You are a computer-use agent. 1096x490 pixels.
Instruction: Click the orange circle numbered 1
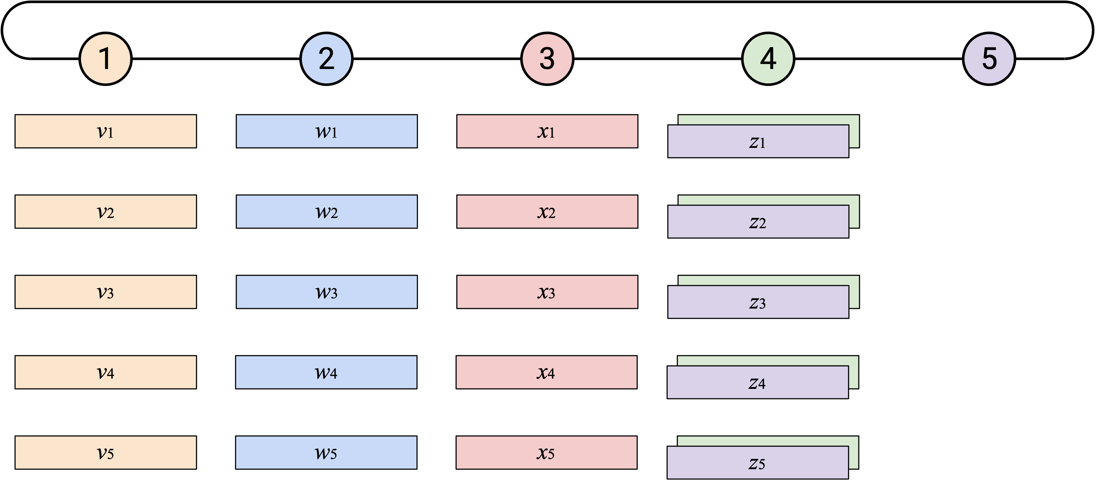point(106,59)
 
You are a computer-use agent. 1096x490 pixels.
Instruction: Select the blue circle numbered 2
point(326,59)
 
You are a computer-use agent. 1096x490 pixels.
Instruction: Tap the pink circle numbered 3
point(547,59)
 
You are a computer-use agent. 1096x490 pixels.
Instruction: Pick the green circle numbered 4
point(768,59)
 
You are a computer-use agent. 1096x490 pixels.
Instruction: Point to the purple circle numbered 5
point(989,59)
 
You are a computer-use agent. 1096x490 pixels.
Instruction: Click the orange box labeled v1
point(106,131)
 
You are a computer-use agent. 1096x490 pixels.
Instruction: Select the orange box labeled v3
point(106,292)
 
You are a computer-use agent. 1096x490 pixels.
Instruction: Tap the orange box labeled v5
point(106,452)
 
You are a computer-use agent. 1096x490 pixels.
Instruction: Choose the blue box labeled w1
point(327,131)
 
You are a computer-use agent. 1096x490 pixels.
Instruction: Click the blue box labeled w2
point(327,211)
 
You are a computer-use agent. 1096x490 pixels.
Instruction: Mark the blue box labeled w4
point(326,372)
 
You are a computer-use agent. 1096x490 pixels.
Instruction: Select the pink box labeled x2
point(547,211)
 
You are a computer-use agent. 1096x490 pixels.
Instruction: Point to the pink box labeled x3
point(547,292)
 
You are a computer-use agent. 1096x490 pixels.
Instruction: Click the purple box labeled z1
point(758,141)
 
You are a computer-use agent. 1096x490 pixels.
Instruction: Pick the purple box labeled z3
point(758,302)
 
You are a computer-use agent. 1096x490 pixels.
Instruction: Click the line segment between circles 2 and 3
point(437,59)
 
